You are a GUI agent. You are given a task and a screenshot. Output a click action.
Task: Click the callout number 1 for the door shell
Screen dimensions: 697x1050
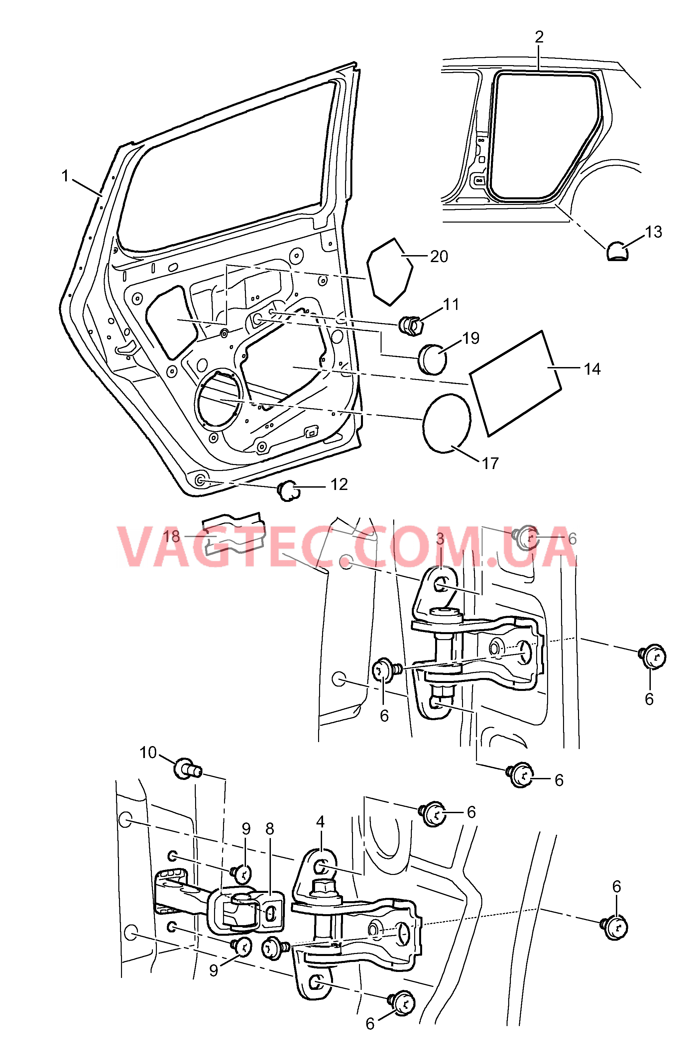coord(65,176)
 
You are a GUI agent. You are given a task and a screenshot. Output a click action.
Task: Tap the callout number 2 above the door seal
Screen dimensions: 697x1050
coord(539,37)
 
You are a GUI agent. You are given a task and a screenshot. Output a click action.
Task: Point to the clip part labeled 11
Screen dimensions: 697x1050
coord(412,326)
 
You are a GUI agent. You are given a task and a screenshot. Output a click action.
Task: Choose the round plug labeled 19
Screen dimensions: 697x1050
coord(432,359)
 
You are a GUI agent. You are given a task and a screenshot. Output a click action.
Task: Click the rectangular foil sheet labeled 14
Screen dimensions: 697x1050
coord(515,383)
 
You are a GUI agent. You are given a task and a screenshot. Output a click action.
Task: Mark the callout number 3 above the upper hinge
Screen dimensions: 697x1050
coord(440,539)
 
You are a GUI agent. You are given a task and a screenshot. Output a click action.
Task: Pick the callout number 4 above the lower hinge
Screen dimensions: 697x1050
coord(320,822)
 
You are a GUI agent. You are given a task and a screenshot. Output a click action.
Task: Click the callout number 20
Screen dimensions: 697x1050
coord(439,256)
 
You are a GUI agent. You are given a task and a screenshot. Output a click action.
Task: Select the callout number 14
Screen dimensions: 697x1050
coord(592,369)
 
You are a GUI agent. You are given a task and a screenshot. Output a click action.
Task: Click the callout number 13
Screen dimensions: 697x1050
coord(653,232)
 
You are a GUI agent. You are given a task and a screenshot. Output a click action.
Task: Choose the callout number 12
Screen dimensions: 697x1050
coord(339,484)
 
